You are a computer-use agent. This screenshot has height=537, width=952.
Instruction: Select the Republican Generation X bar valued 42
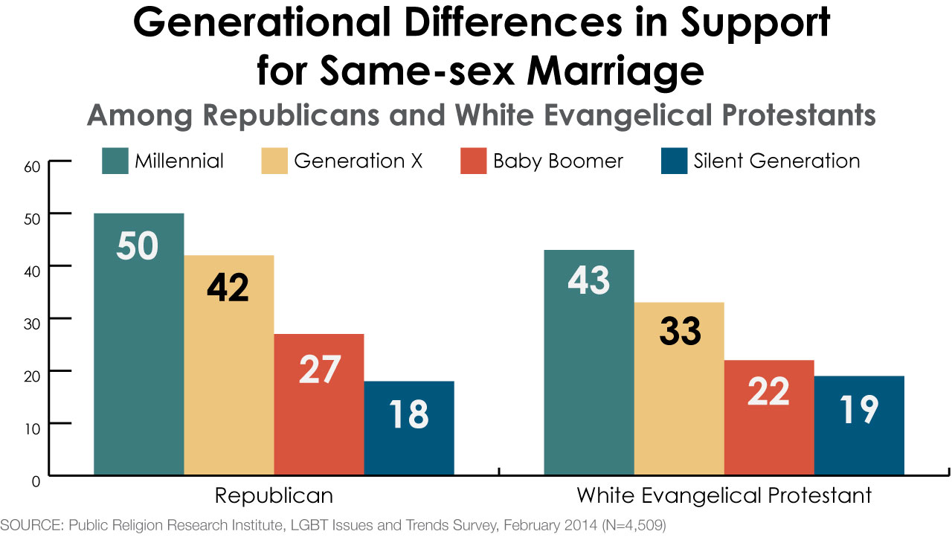[x=228, y=364]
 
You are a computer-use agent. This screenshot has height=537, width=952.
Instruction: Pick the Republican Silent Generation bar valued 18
[x=408, y=428]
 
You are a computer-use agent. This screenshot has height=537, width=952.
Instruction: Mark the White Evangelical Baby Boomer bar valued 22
[x=769, y=417]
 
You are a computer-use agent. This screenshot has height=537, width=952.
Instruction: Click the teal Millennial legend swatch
[x=115, y=161]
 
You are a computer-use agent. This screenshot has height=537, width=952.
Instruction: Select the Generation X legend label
[x=358, y=161]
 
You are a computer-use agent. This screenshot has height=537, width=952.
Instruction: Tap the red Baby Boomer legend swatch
[x=473, y=161]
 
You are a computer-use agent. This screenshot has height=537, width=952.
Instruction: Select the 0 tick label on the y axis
[x=36, y=482]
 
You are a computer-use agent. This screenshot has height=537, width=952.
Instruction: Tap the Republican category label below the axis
[x=274, y=495]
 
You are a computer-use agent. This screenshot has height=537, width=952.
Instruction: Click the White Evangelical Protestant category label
[x=724, y=495]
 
